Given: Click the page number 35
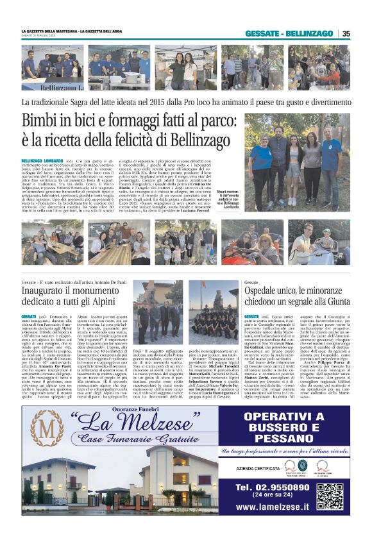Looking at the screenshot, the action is (346, 34).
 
